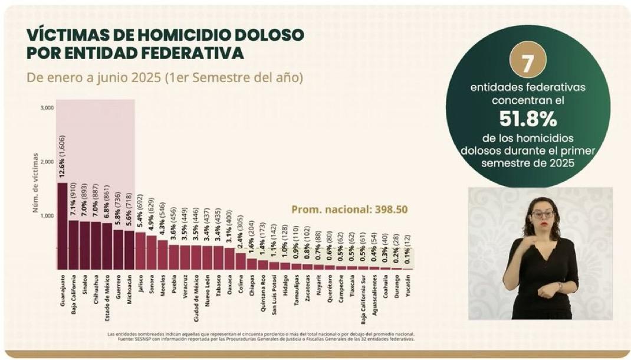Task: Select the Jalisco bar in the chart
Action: click(x=140, y=250)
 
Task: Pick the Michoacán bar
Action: click(x=129, y=250)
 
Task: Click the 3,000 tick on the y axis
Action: click(x=47, y=107)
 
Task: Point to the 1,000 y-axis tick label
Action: click(x=47, y=216)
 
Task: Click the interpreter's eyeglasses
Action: click(x=543, y=214)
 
